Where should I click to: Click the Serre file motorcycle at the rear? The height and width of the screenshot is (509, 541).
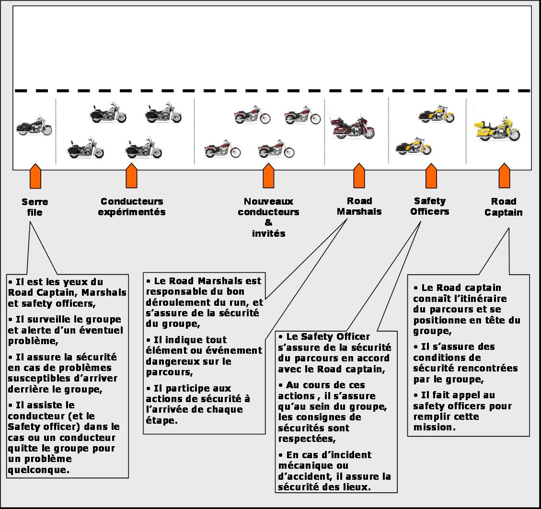(x=34, y=126)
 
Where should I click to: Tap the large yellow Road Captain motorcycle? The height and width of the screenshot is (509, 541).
(x=497, y=129)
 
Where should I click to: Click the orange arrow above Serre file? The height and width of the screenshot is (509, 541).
(x=35, y=176)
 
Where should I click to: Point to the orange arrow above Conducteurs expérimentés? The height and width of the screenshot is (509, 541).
(x=131, y=175)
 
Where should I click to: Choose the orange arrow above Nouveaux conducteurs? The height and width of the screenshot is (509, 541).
(x=268, y=175)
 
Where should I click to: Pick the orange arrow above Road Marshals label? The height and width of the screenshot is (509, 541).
(x=359, y=175)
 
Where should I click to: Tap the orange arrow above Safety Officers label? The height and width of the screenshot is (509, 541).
(x=431, y=175)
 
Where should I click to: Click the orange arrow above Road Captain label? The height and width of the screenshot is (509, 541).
(x=504, y=175)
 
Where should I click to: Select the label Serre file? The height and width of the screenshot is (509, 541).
(x=35, y=207)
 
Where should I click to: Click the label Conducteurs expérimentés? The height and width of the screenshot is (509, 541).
(x=132, y=207)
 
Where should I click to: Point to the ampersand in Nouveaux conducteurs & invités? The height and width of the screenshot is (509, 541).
(x=268, y=222)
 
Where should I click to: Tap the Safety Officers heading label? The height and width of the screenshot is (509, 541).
(x=429, y=207)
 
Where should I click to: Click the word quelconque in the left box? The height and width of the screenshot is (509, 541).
(x=38, y=470)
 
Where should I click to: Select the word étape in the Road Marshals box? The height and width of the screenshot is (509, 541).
(x=161, y=421)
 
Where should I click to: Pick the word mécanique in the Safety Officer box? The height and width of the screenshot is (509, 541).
(x=313, y=465)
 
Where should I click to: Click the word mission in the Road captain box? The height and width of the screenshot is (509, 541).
(x=435, y=427)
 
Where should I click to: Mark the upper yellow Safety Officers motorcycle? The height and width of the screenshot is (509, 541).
(x=437, y=114)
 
